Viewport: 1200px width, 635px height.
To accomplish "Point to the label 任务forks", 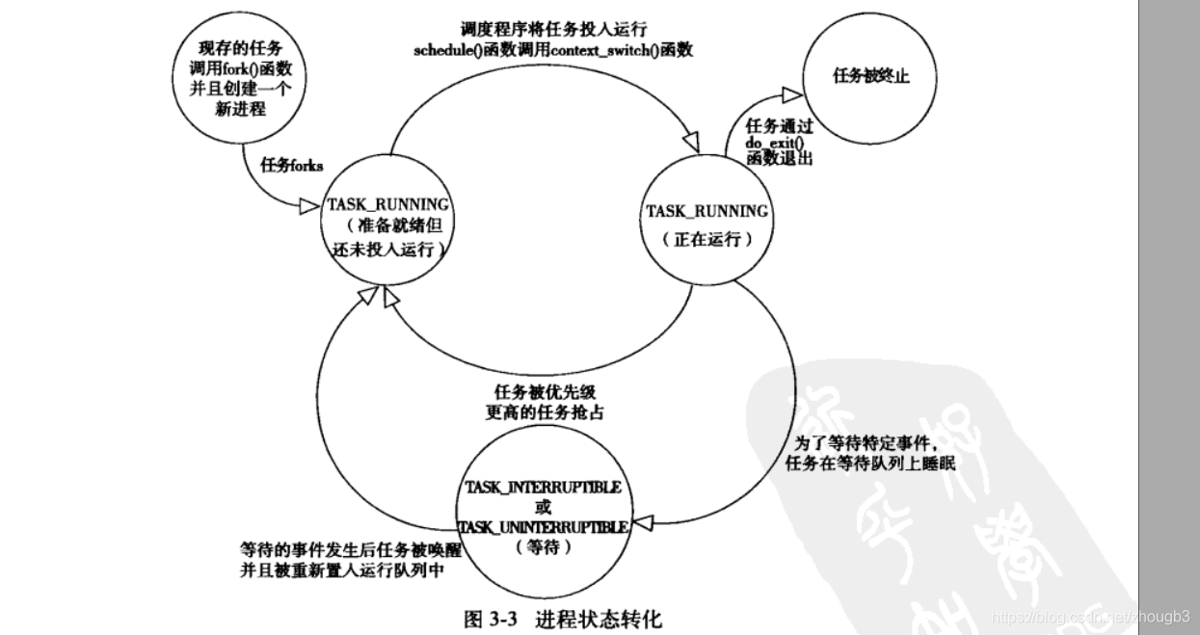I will pos(292,165).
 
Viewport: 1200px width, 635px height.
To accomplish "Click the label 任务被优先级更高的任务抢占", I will pos(544,403).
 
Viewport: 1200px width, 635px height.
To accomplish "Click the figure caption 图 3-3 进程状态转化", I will pos(563,618).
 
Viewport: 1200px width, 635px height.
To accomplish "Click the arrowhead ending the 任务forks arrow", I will pos(308,205).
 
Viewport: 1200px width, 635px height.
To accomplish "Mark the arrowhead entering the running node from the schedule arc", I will pos(690,143).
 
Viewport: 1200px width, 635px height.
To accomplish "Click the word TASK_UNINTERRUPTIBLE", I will pos(543,527).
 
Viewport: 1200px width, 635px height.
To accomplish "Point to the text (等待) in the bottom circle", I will pos(544,547).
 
